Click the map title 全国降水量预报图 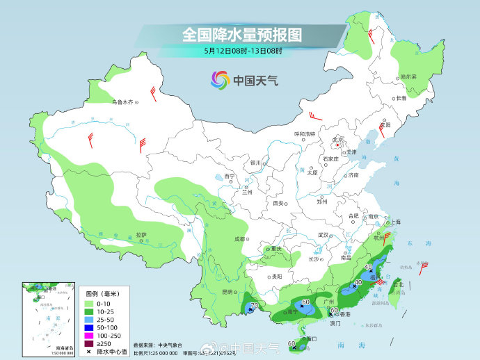[x=241, y=33]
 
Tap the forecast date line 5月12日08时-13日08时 [x=243, y=51]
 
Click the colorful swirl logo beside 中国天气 [x=220, y=79]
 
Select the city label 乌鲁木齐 [x=122, y=102]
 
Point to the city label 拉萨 [x=141, y=235]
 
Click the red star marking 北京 [x=338, y=145]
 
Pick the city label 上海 [x=396, y=222]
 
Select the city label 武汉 [x=322, y=235]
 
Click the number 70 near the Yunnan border [x=255, y=305]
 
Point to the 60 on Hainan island [x=292, y=343]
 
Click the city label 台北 [x=399, y=285]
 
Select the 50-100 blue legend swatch [x=90, y=325]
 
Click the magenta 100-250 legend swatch [x=90, y=334]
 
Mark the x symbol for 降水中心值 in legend [x=90, y=352]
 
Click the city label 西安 [x=278, y=204]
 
